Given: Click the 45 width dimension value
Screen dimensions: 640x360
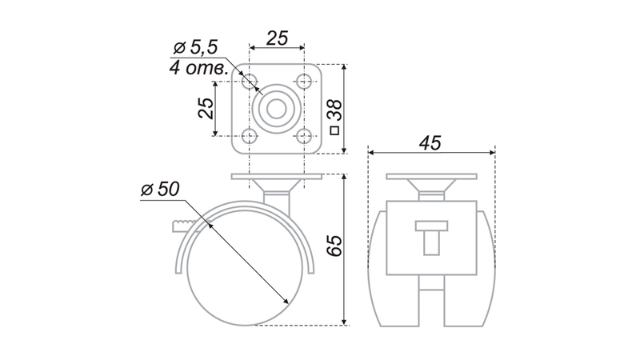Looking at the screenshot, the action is tap(430, 143).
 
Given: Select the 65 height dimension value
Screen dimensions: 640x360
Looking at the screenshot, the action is tap(334, 246).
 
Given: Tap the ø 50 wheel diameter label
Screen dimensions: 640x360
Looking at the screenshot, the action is tap(161, 190).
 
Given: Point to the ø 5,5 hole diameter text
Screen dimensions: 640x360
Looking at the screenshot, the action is tap(196, 48).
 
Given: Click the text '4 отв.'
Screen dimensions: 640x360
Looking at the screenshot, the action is tap(198, 68).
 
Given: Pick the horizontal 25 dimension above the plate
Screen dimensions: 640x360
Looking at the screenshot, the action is tap(277, 38).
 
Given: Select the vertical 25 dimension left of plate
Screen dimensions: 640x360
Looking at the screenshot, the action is tap(206, 109).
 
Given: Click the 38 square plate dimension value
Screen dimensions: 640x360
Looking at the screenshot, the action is tap(334, 110).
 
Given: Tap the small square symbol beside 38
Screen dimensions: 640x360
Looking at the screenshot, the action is tap(334, 130).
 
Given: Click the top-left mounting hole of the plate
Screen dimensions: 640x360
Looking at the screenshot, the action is tap(250, 82).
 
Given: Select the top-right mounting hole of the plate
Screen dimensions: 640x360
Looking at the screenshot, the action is tap(304, 82).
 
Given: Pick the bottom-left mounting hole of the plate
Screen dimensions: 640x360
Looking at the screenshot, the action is tap(250, 136).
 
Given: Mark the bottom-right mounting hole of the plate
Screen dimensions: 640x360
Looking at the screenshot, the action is tap(304, 136).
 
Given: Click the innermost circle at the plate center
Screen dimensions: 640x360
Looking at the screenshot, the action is tap(277, 109).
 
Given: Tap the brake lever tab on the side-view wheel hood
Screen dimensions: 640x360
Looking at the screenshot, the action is tap(186, 226).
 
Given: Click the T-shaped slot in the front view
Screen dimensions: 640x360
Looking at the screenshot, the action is tap(431, 237).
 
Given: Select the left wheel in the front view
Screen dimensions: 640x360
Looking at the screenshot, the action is tap(394, 270).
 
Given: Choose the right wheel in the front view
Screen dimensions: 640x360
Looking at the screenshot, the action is tap(470, 270).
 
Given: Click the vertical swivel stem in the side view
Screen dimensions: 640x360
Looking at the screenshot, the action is tap(277, 204).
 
